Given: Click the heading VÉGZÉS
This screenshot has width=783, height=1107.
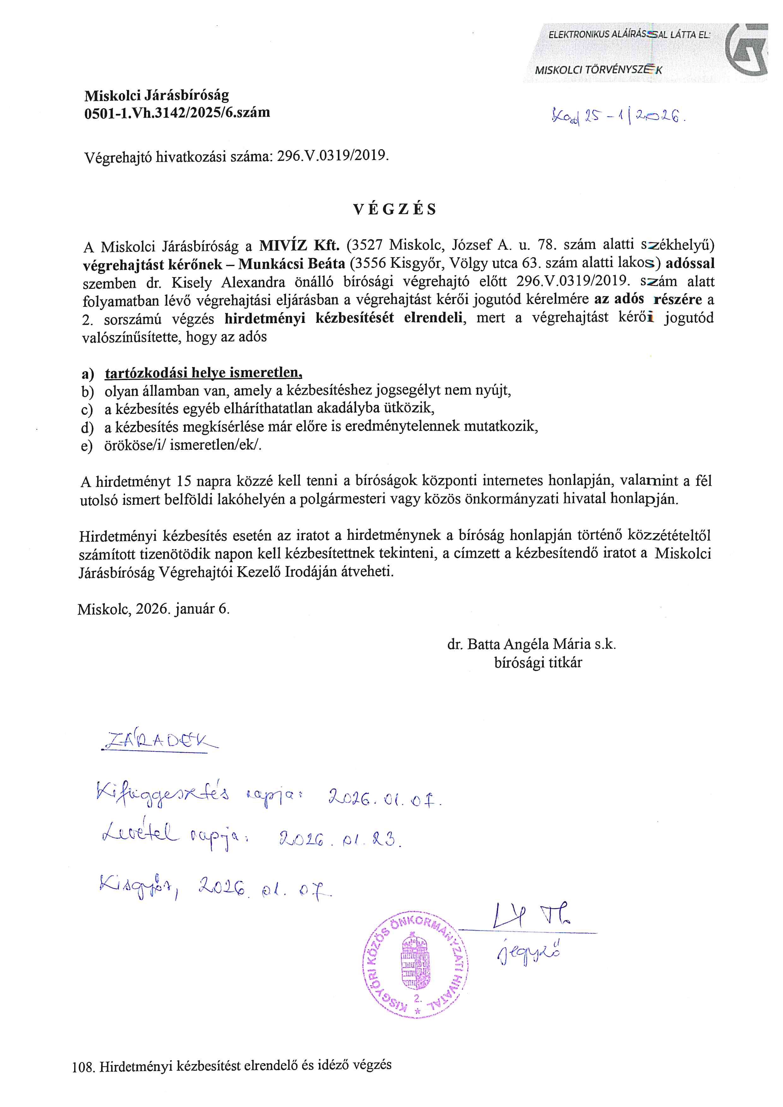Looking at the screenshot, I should (x=395, y=209).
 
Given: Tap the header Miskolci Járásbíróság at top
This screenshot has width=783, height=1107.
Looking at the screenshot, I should (x=157, y=95).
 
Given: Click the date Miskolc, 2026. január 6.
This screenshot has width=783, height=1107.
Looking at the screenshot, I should (x=154, y=609).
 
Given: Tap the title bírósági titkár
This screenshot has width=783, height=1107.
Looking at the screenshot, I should (x=538, y=663).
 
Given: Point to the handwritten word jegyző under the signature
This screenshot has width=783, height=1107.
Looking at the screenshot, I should (x=529, y=953).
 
